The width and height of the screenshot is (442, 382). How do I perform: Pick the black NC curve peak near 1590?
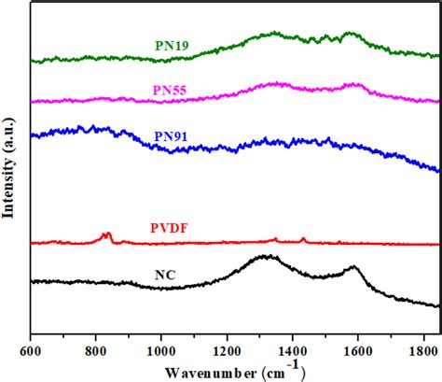(353, 267)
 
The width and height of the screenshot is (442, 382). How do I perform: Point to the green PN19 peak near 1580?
(351, 35)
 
